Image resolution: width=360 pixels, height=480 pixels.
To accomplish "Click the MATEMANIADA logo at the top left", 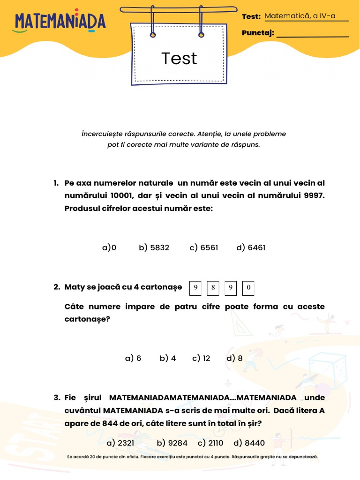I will point(60,22).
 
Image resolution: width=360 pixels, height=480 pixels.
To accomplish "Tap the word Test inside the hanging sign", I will point(179,59).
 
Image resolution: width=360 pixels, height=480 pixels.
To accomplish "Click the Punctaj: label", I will point(258,33).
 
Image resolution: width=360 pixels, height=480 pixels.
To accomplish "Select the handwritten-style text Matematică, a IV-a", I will point(300,16).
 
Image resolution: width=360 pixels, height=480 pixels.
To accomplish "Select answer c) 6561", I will point(204,247).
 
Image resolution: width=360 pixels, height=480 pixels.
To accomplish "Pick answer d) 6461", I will point(251,247).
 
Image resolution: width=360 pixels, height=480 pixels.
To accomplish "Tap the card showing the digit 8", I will point(213,288).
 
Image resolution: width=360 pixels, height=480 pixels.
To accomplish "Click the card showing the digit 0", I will point(248,288).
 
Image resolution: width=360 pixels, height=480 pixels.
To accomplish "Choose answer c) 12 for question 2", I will point(201,358).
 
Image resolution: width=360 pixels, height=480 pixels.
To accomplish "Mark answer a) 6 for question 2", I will point(133,358).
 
